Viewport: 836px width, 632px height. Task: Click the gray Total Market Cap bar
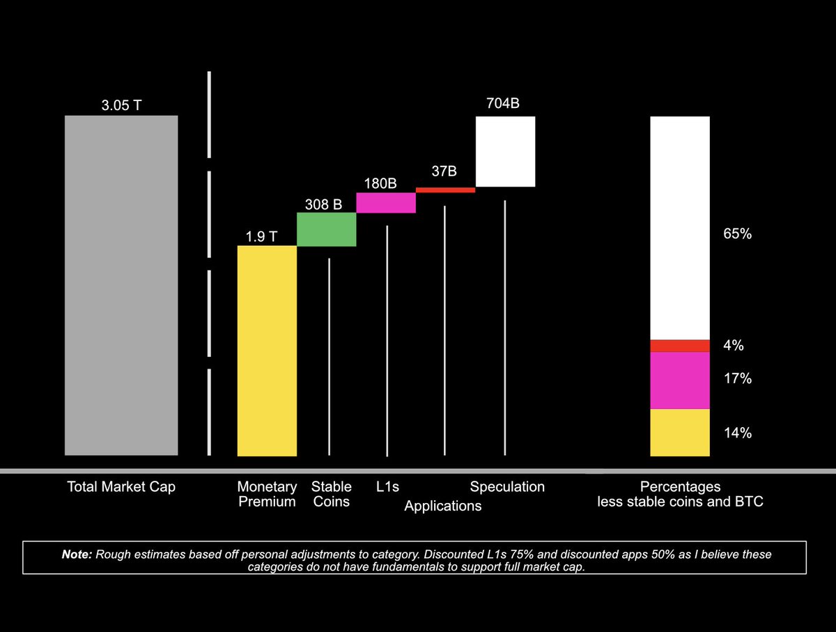point(121,285)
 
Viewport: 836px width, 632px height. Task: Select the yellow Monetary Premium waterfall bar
point(267,350)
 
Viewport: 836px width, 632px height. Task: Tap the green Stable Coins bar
point(326,229)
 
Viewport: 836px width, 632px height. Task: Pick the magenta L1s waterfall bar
point(386,202)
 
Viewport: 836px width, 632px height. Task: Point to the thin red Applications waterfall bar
point(445,190)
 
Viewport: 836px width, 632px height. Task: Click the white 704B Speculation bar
point(505,151)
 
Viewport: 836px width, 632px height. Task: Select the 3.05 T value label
point(121,106)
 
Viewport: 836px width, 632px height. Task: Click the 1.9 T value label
point(261,236)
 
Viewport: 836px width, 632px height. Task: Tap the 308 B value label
point(323,204)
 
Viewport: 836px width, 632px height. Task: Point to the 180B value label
point(380,184)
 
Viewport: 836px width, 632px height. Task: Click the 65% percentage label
point(737,234)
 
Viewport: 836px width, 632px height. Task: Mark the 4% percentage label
point(734,346)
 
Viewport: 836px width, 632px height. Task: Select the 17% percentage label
point(737,379)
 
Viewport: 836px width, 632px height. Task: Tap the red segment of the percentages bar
point(680,346)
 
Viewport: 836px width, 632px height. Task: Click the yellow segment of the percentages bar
point(680,432)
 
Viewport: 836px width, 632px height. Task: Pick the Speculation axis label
point(507,486)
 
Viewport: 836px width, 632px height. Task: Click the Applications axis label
point(443,506)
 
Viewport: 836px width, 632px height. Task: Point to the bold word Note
point(77,554)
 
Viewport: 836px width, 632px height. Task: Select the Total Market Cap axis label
point(121,486)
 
